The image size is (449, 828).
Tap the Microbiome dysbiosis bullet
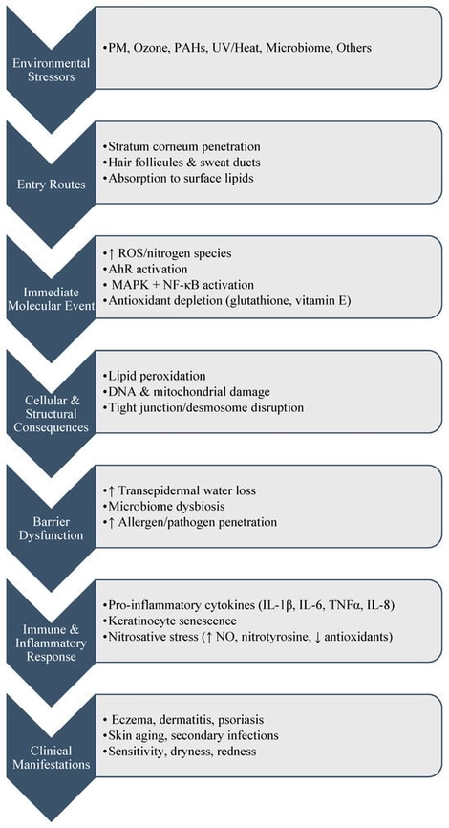(163, 507)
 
